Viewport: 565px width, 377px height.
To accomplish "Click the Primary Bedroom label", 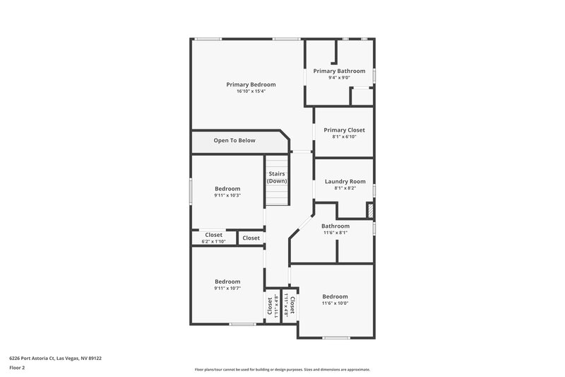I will coord(251,84).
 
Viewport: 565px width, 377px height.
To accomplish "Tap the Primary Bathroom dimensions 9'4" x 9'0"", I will coord(339,78).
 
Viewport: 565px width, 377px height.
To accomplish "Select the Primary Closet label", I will coord(344,129).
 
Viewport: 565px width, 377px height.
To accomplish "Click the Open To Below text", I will coord(234,141).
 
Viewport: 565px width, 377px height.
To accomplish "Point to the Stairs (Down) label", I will coord(277,178).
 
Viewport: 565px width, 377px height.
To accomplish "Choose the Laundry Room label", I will coord(345,182).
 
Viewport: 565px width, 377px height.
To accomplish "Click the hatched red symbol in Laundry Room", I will coord(369,211).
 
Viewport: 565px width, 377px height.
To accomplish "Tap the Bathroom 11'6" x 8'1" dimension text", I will coord(335,233).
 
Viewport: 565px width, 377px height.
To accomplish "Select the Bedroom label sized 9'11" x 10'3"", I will coord(227,189).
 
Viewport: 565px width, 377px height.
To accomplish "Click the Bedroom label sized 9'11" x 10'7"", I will coord(227,282).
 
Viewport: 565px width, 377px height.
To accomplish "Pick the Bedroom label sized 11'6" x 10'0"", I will coord(335,296).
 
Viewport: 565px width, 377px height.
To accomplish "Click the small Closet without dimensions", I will coord(251,238).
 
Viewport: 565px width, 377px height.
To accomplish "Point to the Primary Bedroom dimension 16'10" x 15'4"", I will coord(251,91).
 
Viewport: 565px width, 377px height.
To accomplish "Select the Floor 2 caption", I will coord(17,368).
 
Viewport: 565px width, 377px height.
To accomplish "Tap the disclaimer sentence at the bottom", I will coord(282,369).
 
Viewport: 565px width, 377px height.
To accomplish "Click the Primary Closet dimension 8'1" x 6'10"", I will coord(344,137).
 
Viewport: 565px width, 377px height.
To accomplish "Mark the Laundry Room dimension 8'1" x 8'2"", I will coord(345,188).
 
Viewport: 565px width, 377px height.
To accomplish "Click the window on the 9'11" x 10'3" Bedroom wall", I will coord(191,190).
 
